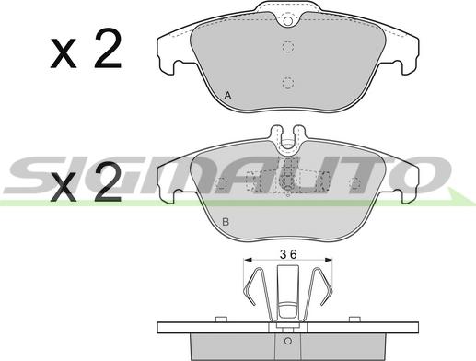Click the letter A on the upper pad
(227, 96)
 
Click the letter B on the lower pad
(226, 222)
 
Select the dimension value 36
(288, 254)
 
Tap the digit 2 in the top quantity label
(108, 48)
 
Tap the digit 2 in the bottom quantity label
(108, 181)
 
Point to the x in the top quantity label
(64, 53)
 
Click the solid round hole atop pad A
(288, 21)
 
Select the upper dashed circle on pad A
(288, 47)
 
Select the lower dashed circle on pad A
(288, 83)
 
